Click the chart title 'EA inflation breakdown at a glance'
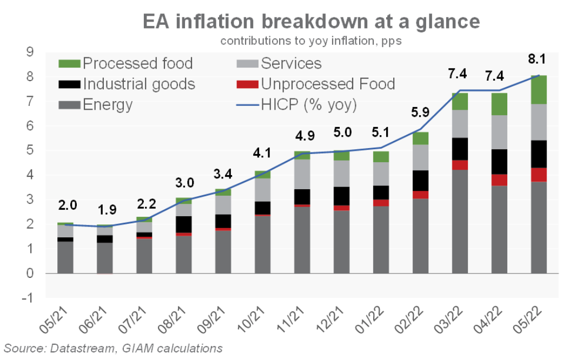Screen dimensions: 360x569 [311, 21]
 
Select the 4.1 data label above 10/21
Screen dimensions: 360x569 [262, 153]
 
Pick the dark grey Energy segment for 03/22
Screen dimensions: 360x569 [460, 222]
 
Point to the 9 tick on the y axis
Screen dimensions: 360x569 [30, 52]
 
